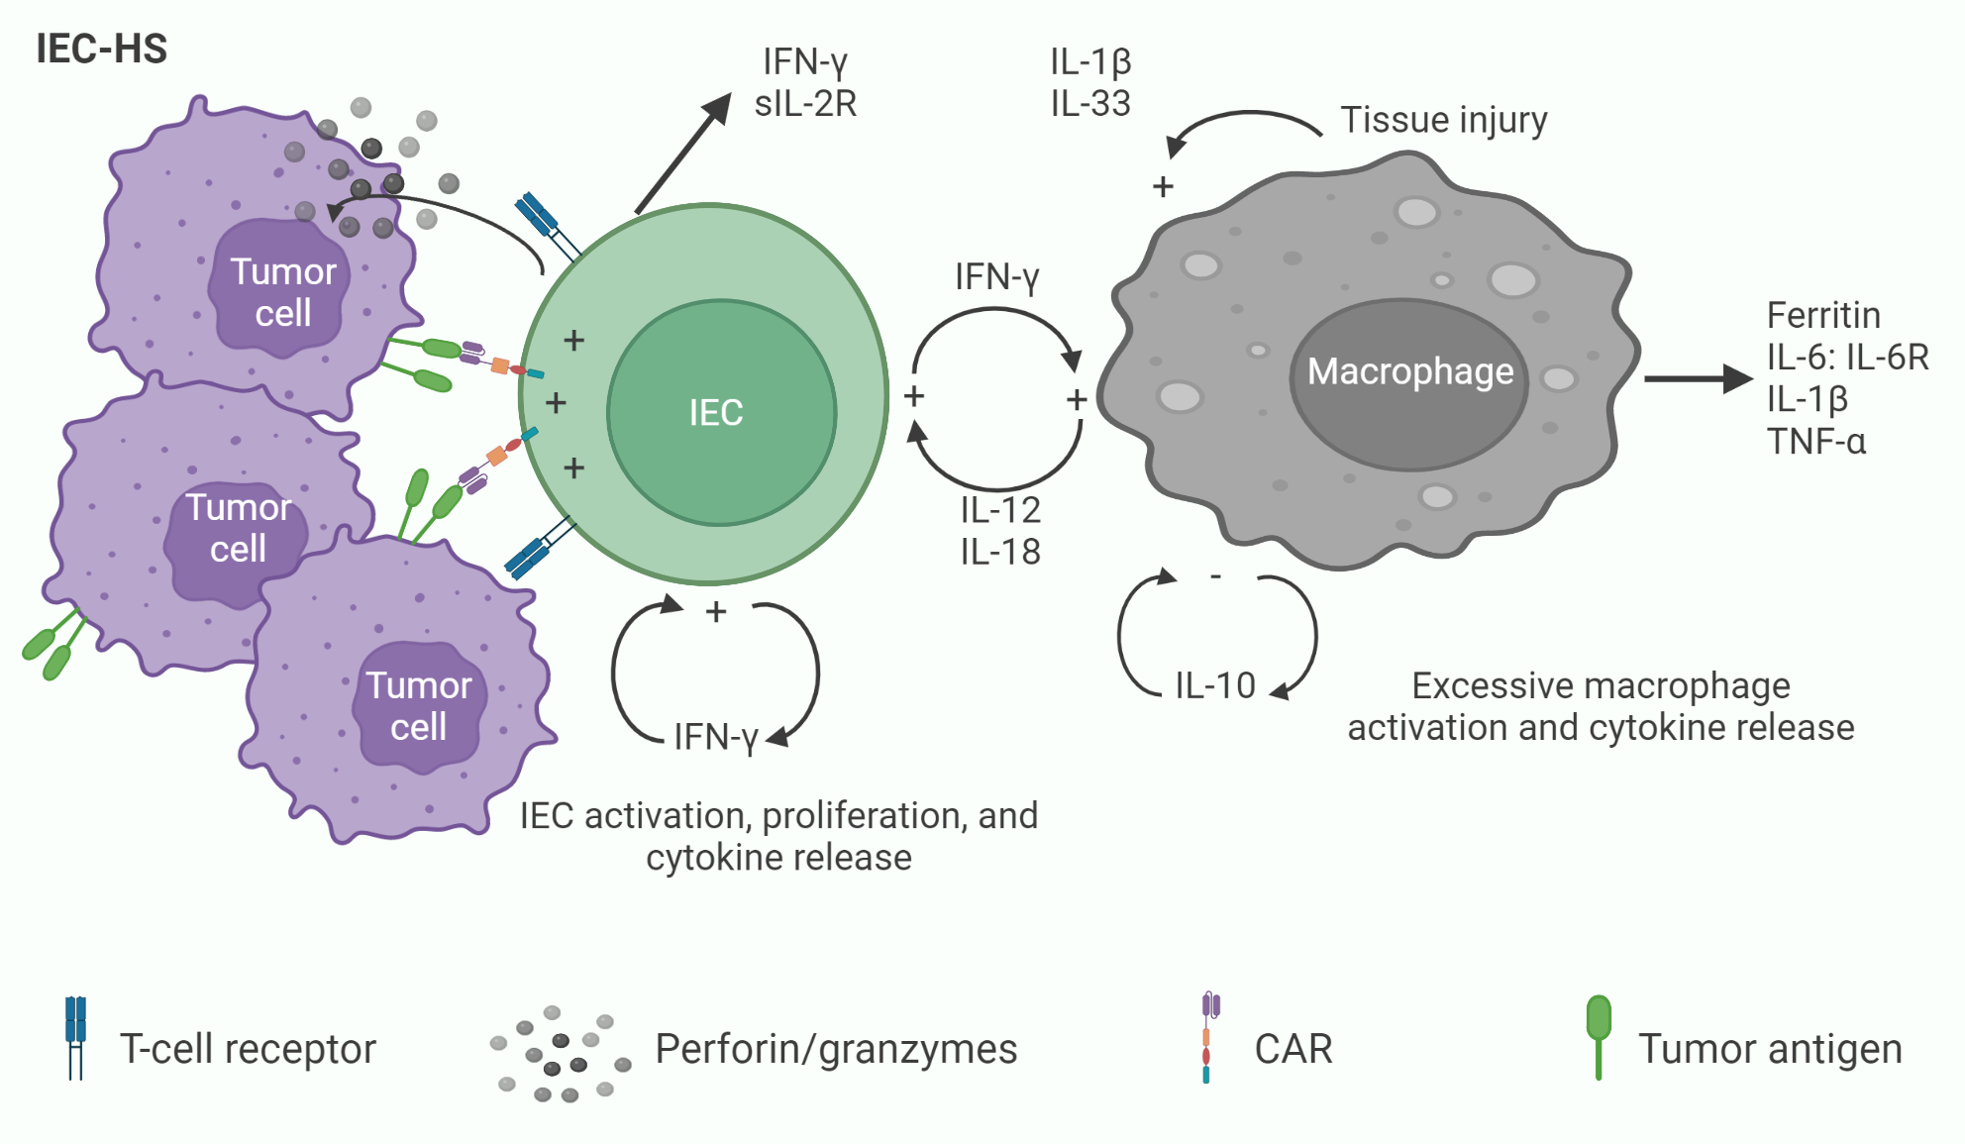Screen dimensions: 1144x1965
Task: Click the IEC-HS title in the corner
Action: pyautogui.click(x=101, y=49)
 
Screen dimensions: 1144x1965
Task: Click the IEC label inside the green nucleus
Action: pyautogui.click(x=715, y=413)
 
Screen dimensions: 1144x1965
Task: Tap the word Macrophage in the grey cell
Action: pyautogui.click(x=1409, y=371)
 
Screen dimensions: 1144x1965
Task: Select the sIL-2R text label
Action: pyautogui.click(x=805, y=103)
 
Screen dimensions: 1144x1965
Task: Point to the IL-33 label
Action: pyautogui.click(x=1090, y=103)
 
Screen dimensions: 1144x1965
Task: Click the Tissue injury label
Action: pyautogui.click(x=1443, y=120)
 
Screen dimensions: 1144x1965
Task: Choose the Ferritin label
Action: pyautogui.click(x=1823, y=315)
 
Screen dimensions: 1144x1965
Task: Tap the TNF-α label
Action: pyautogui.click(x=1816, y=441)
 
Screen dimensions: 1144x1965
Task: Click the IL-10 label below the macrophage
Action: pyautogui.click(x=1215, y=685)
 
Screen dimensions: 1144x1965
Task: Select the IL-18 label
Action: pyautogui.click(x=1000, y=552)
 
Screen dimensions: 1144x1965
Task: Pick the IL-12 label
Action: pyautogui.click(x=1000, y=510)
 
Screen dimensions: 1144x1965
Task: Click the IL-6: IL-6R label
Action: pyautogui.click(x=1847, y=357)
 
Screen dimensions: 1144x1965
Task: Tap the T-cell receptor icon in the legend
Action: pyautogui.click(x=75, y=1036)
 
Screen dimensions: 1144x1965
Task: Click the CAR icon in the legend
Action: pyautogui.click(x=1208, y=1038)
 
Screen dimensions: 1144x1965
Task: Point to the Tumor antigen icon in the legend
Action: pyautogui.click(x=1599, y=1034)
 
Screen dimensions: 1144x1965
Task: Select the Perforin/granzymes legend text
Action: pyautogui.click(x=836, y=1049)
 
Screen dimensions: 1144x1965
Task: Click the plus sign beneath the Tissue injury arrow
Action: pyautogui.click(x=1163, y=186)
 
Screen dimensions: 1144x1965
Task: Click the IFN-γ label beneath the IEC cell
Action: pyautogui.click(x=715, y=737)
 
